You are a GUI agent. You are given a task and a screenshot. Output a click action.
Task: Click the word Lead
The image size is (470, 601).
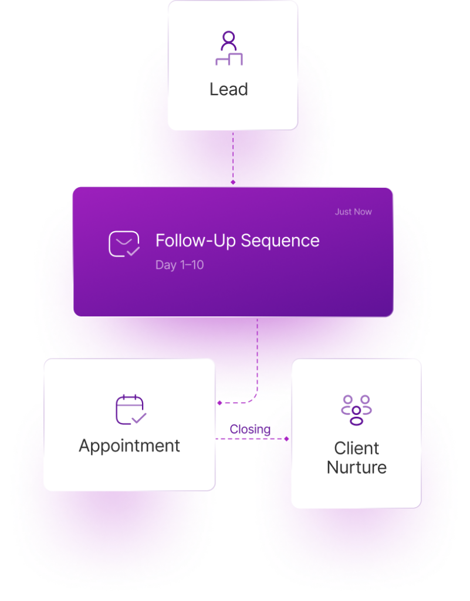point(229,89)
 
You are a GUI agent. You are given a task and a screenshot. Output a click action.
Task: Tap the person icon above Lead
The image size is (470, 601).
point(229,48)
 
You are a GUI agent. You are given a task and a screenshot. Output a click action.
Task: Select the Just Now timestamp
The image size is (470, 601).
point(353,212)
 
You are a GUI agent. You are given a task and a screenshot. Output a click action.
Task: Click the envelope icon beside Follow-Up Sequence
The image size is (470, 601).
point(124,244)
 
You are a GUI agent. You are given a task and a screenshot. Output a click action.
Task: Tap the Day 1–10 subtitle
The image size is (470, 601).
point(180,265)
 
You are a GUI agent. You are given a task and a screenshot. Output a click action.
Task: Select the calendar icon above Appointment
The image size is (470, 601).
point(130,409)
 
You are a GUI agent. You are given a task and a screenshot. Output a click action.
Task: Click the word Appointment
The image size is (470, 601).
point(130,445)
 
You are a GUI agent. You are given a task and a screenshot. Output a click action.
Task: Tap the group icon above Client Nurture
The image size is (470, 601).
point(356,410)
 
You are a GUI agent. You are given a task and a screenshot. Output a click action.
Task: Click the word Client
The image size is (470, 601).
point(357,448)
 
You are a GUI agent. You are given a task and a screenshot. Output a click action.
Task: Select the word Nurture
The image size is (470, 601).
point(357,468)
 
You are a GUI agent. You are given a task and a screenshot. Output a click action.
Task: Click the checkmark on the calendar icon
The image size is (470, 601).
point(139,418)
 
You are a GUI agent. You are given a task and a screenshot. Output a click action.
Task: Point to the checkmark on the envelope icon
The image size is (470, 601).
point(133,251)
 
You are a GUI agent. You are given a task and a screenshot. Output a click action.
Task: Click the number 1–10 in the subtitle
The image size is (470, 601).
point(191,265)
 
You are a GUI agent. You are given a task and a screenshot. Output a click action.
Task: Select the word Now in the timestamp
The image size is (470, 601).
point(363,212)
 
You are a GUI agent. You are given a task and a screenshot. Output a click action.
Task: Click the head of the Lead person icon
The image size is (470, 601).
point(229,39)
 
